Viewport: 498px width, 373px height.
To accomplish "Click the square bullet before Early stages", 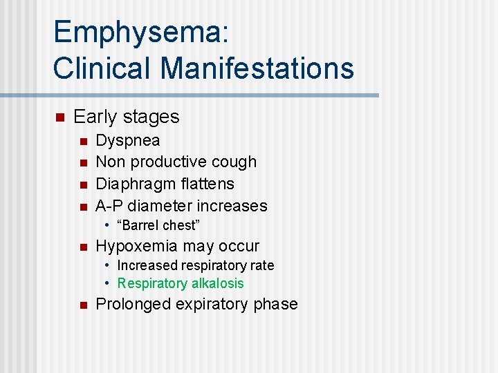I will pyautogui.click(x=59, y=117).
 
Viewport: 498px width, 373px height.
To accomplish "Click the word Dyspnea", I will pyautogui.click(x=128, y=141).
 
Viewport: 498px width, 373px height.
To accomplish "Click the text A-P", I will pyautogui.click(x=109, y=206).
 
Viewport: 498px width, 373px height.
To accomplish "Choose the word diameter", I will pyautogui.click(x=160, y=206).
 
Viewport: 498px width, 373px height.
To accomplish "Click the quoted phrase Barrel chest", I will pyautogui.click(x=158, y=226).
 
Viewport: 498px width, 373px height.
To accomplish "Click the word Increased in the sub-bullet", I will pyautogui.click(x=147, y=266).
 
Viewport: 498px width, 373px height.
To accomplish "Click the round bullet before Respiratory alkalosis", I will pyautogui.click(x=109, y=283).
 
